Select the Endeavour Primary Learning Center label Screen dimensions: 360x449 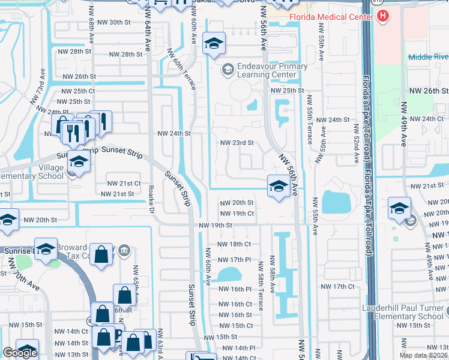coord(264,71)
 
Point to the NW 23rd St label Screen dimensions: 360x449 coord(237,143)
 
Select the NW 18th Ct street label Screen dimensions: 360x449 coord(234,244)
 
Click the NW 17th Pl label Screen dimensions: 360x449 coord(235,259)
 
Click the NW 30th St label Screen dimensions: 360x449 coord(113,22)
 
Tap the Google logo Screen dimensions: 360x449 coord(20,353)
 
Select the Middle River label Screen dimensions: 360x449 coord(429,57)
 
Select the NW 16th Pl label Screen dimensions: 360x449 coord(235,289)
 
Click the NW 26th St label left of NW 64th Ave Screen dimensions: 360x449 coord(78,76)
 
